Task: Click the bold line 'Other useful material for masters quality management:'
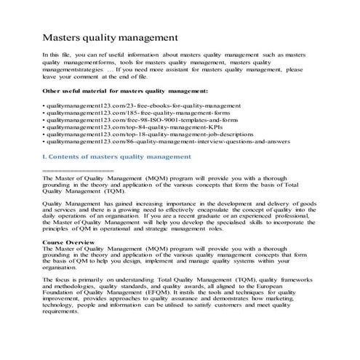coord(125,91)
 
